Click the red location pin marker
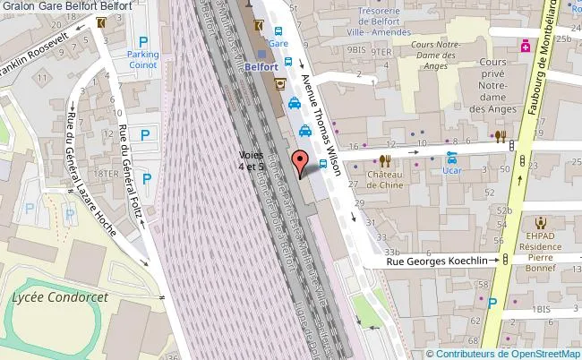pyautogui.click(x=300, y=162)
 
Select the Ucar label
pyautogui.click(x=451, y=169)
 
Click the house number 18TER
pyautogui.click(x=107, y=173)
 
